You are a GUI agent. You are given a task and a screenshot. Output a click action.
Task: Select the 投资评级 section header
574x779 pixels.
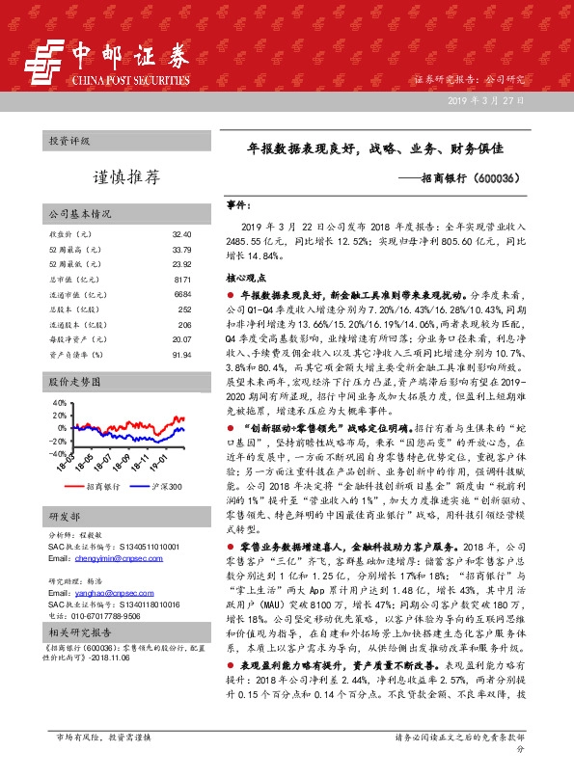(68, 141)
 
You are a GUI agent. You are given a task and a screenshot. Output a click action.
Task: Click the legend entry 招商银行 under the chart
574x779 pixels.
(102, 488)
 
